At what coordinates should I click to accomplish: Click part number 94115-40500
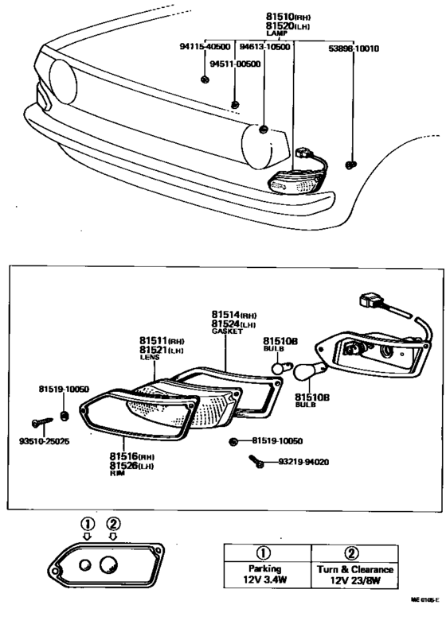[205, 47]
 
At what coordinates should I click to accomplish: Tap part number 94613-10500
[265, 47]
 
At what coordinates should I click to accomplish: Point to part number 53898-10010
[354, 47]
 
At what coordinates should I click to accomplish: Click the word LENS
[151, 358]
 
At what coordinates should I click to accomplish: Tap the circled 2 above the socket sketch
[113, 523]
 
